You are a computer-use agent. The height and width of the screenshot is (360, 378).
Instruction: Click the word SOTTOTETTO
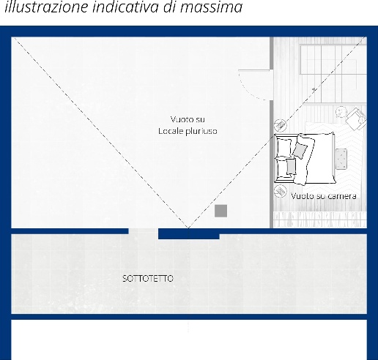click(x=148, y=279)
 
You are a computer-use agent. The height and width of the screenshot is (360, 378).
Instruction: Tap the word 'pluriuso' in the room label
click(x=201, y=131)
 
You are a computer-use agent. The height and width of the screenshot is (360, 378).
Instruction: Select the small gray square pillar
click(x=220, y=211)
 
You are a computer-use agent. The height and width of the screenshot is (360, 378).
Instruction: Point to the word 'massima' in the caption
click(x=211, y=7)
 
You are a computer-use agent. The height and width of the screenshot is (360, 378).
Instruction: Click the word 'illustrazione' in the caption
click(x=46, y=7)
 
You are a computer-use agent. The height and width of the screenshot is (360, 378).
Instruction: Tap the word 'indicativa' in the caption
click(x=126, y=7)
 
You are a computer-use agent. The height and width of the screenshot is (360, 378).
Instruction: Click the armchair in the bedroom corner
click(x=356, y=119)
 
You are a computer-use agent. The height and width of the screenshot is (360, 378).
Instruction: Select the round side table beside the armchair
click(x=341, y=113)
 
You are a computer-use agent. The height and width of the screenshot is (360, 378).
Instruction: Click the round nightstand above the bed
click(x=281, y=125)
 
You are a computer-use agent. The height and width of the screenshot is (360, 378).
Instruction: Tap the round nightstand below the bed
click(x=280, y=191)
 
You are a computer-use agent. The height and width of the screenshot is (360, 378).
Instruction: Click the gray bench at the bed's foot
click(x=341, y=159)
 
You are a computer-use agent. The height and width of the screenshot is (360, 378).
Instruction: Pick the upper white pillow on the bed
click(x=284, y=147)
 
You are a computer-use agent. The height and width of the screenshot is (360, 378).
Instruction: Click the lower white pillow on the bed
click(x=283, y=168)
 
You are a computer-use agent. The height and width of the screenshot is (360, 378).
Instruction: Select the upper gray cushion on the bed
click(x=300, y=151)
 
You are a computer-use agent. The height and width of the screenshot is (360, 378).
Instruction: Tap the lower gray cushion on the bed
click(x=291, y=167)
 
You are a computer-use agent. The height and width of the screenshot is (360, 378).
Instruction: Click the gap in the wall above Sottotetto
click(x=144, y=231)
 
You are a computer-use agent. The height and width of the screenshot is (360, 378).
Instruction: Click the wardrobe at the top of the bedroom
click(x=333, y=59)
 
